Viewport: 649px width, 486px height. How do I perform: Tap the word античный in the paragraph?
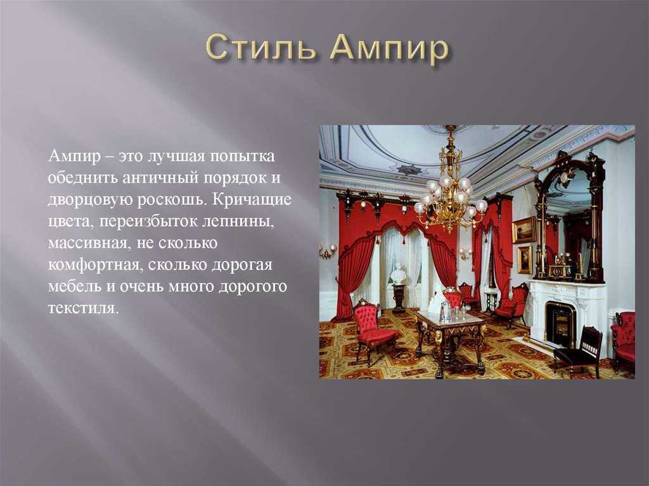(x=160, y=178)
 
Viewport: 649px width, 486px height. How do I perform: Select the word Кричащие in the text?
(x=253, y=200)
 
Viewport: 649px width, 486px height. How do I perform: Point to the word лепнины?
(x=238, y=222)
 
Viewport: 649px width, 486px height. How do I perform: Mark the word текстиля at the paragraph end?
(x=83, y=309)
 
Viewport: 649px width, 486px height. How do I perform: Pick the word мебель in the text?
(x=75, y=286)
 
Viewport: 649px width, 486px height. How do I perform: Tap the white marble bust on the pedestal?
(x=398, y=274)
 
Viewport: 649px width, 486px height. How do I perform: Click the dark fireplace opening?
(x=560, y=324)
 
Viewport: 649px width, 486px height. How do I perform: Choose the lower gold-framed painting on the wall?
(x=525, y=260)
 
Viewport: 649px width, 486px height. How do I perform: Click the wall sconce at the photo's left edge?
(x=328, y=251)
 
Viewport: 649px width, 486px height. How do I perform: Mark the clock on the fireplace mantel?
(x=560, y=269)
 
